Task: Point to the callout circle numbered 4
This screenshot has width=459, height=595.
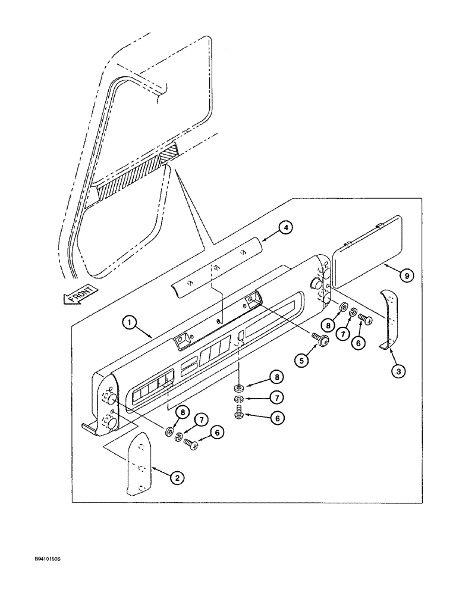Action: coord(287,227)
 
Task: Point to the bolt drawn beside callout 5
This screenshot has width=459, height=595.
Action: coord(320,340)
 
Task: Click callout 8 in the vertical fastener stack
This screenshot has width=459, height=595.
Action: coord(276,377)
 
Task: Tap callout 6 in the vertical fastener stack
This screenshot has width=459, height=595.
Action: coord(276,418)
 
